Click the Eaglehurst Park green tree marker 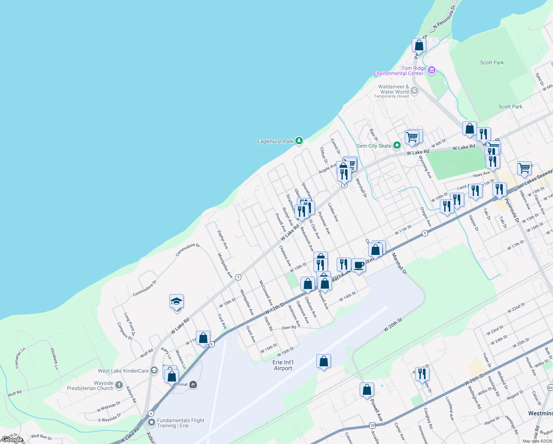coord(299,141)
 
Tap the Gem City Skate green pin coord(397,145)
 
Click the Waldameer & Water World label coord(393,89)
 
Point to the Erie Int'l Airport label coord(283,365)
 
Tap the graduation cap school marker coord(176,302)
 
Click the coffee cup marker coord(359,265)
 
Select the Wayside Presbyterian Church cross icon coord(119,385)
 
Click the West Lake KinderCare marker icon coord(154,371)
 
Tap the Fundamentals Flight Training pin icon coord(151,422)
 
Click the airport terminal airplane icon coord(193,385)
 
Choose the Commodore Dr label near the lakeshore coord(187,250)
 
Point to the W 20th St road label coord(393,324)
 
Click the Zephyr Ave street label coord(223,239)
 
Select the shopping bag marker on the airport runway coord(323,361)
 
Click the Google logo coord(12,440)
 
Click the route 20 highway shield coord(372,425)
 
